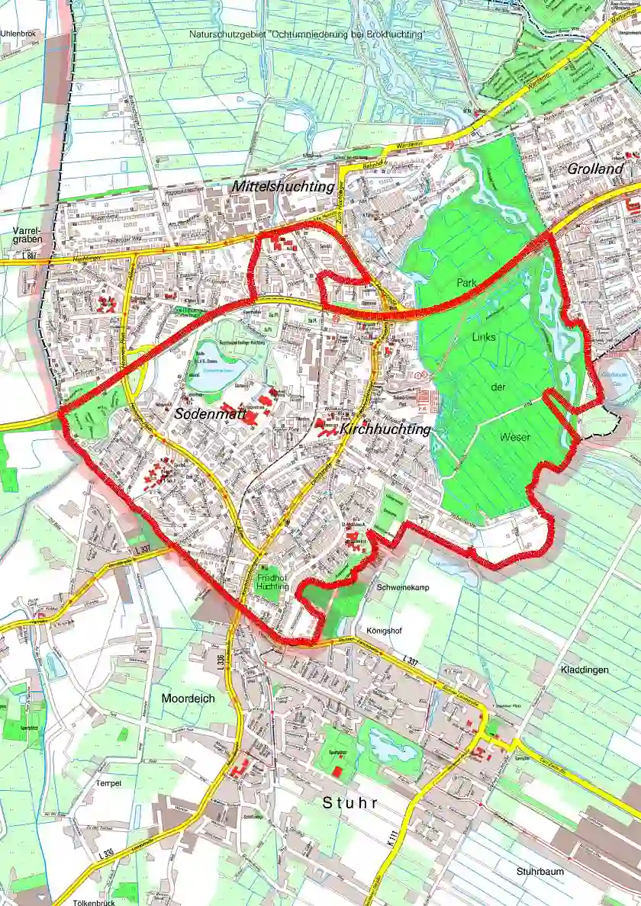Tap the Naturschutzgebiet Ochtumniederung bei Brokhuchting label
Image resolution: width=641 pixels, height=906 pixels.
tap(307, 35)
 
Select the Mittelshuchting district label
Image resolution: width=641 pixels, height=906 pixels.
tap(283, 186)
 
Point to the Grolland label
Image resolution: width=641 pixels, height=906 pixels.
tap(595, 169)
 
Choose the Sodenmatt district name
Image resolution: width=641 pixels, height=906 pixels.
tap(203, 413)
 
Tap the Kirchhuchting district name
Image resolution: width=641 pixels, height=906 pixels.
tap(385, 430)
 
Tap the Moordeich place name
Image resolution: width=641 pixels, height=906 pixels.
tap(188, 698)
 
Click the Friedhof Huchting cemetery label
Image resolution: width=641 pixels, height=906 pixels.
tap(272, 582)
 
